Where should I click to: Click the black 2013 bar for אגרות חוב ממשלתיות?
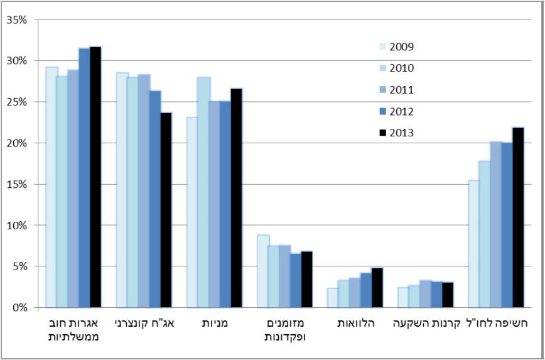(95, 177)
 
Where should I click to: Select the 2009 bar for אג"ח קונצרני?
(122, 190)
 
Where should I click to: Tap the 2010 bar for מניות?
(203, 192)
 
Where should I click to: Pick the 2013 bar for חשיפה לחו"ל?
(518, 217)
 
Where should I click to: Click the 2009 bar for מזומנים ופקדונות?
(263, 271)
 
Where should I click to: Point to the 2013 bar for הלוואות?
(377, 288)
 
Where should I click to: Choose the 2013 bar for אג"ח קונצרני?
(166, 210)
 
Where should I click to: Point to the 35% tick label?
(16, 19)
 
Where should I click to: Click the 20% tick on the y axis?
(16, 143)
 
